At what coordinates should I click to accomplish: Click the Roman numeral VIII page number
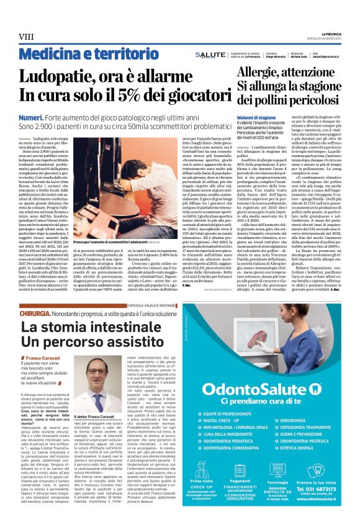25,37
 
